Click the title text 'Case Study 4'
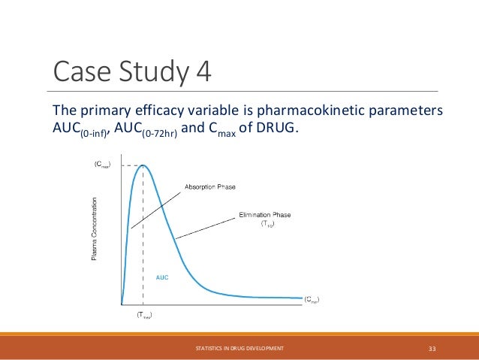[131, 73]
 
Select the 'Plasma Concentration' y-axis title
[95, 229]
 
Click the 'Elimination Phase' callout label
[264, 215]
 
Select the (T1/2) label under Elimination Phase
[267, 224]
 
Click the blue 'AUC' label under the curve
[162, 277]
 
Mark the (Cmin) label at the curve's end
[311, 299]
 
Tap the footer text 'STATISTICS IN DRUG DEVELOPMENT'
[239, 349]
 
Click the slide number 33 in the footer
[432, 349]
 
